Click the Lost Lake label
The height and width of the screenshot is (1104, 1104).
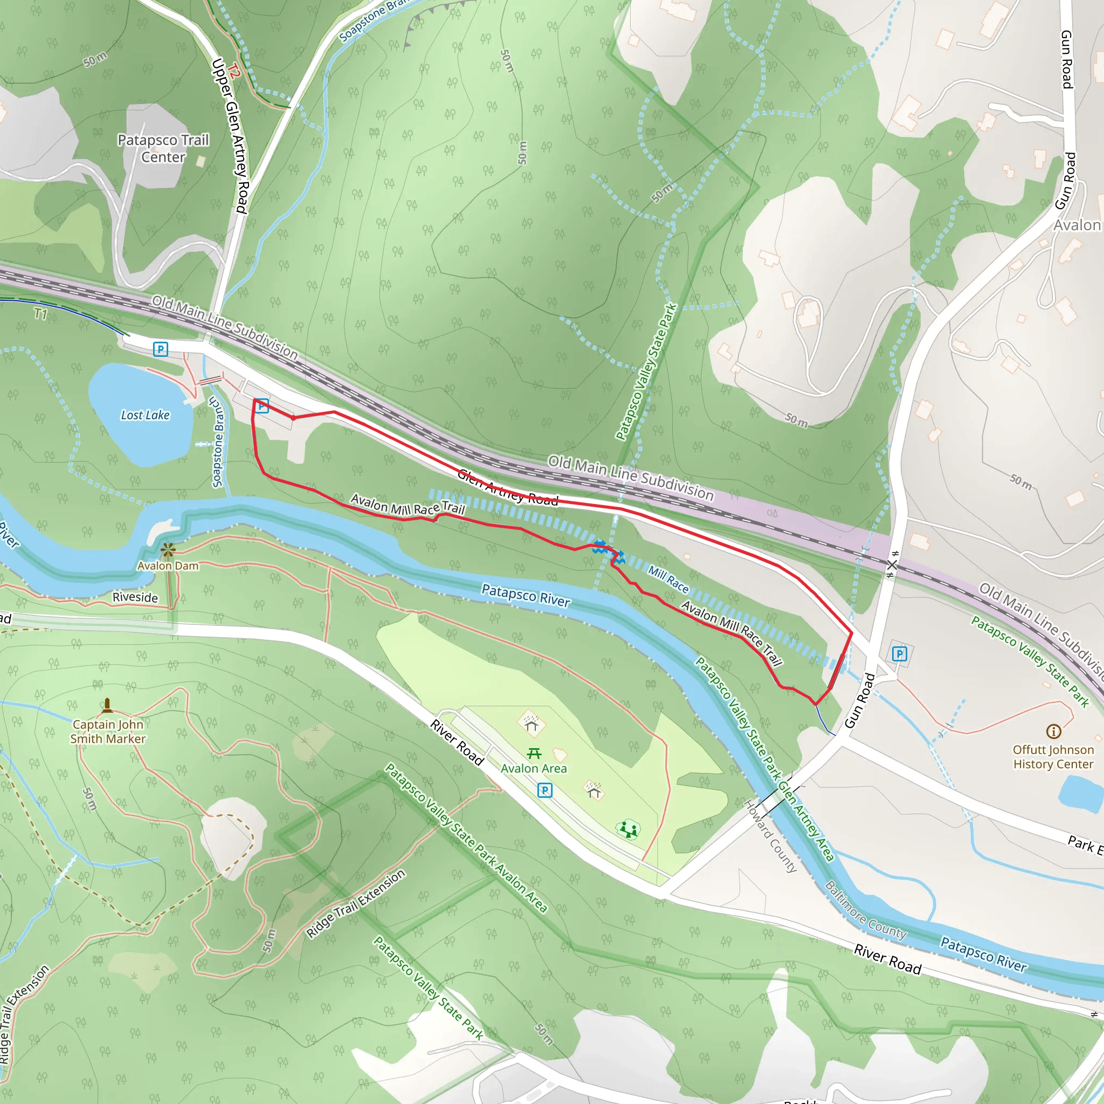[x=145, y=416]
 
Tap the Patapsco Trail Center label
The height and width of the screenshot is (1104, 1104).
[x=163, y=149]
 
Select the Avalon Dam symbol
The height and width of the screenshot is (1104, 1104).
[x=168, y=550]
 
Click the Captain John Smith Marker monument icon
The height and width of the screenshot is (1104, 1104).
[x=107, y=706]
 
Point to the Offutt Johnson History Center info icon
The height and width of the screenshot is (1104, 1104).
[x=1053, y=732]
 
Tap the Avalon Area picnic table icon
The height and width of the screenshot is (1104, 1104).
[x=534, y=753]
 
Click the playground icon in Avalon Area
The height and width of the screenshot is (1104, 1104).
[x=628, y=829]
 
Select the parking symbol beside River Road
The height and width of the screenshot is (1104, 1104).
[x=545, y=790]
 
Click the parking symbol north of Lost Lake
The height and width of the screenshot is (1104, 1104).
[x=161, y=349]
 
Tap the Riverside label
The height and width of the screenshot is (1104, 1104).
[x=135, y=597]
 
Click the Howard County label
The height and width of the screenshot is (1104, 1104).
[x=770, y=836]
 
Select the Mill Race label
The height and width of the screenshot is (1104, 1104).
[x=668, y=579]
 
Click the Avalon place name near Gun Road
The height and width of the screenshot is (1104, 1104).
[x=1077, y=225]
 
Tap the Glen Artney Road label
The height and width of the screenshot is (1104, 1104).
[x=508, y=487]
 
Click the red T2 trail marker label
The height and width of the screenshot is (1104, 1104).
[x=233, y=72]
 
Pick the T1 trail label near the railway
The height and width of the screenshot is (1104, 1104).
[x=40, y=313]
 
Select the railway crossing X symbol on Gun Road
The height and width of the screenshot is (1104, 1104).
[x=892, y=564]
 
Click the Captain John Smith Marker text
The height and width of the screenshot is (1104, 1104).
[x=108, y=732]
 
